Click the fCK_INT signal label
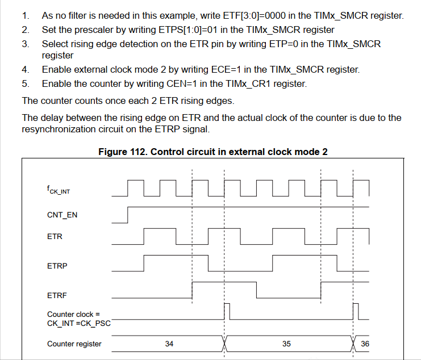pyautogui.click(x=59, y=191)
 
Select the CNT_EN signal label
pyautogui.click(x=62, y=215)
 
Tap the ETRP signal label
pyautogui.click(x=57, y=265)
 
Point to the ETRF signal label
pyautogui.click(x=57, y=295)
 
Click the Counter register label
pyautogui.click(x=74, y=344)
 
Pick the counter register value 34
pyautogui.click(x=169, y=344)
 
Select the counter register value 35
pyautogui.click(x=286, y=344)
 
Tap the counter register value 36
pyautogui.click(x=364, y=344)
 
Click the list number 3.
pyautogui.click(x=26, y=44)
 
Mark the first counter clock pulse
pyautogui.click(x=227, y=311)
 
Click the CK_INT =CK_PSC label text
pyautogui.click(x=78, y=323)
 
